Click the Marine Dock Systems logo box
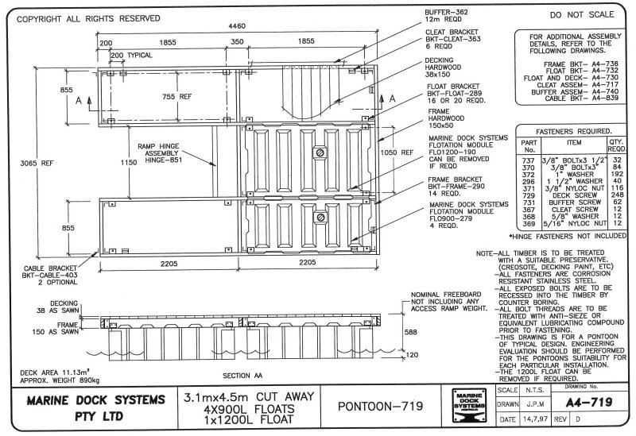coord(467,404)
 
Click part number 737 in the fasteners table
coord(526,160)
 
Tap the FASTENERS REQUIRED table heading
coord(573,132)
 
